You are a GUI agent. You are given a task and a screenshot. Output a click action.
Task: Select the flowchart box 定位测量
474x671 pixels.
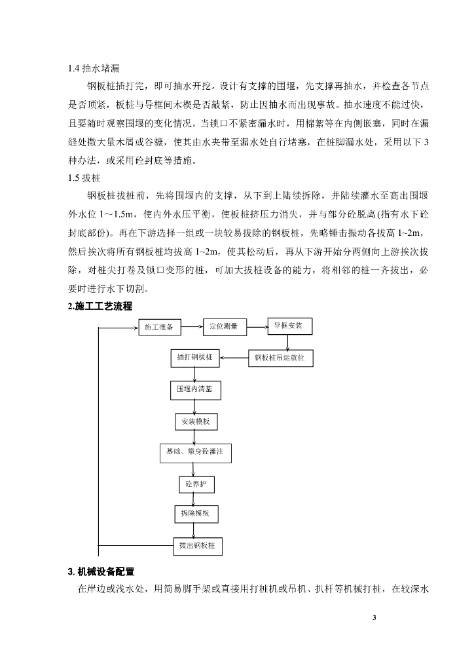224,326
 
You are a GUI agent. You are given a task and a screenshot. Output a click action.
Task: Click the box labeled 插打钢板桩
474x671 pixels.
194,358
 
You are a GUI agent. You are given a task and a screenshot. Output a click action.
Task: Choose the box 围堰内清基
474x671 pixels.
194,389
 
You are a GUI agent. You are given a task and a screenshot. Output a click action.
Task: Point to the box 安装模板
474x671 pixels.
196,421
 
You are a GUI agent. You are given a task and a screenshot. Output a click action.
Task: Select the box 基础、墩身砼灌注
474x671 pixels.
195,452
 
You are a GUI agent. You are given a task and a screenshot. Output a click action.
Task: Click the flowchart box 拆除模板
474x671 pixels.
195,514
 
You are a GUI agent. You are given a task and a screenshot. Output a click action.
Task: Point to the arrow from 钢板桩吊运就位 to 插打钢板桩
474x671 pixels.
234,358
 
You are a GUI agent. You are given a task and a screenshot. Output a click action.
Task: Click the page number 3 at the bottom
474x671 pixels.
374,617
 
